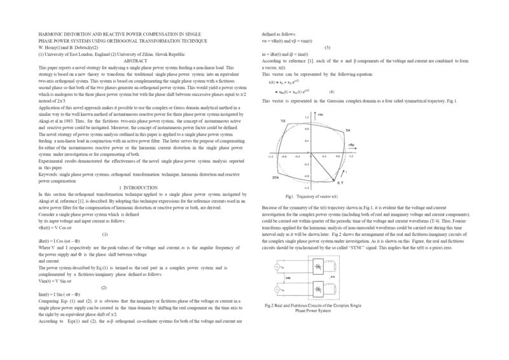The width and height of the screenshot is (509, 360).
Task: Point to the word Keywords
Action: point(50,174)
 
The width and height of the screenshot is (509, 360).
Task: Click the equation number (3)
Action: point(327,48)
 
